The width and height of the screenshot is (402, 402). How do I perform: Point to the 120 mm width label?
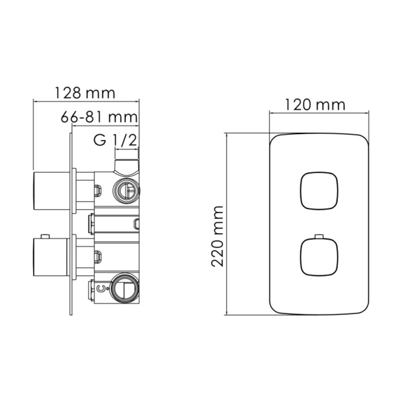(x=315, y=105)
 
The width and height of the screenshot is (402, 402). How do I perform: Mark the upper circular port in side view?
(x=126, y=190)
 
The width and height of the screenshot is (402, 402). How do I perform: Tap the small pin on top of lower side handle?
(x=46, y=237)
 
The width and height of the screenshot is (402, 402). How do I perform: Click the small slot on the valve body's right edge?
(x=137, y=224)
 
